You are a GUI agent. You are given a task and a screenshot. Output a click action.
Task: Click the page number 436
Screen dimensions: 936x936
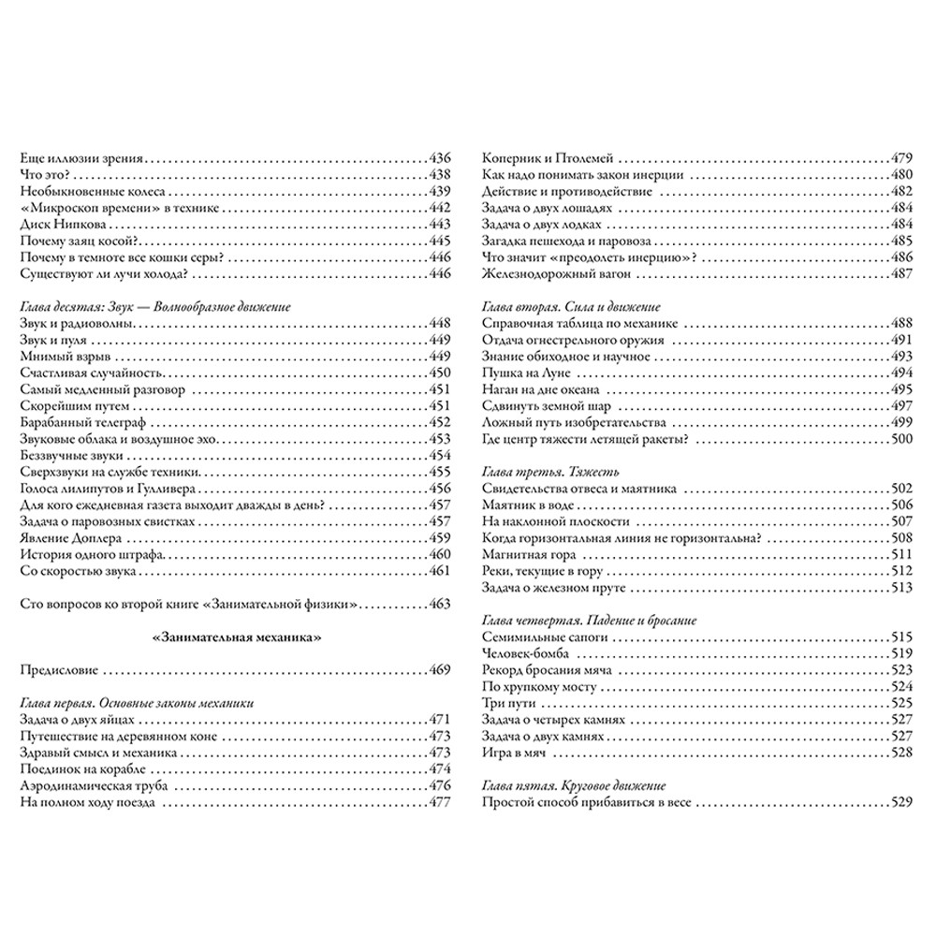439,157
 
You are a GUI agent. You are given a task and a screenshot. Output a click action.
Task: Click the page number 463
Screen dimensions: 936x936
439,604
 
